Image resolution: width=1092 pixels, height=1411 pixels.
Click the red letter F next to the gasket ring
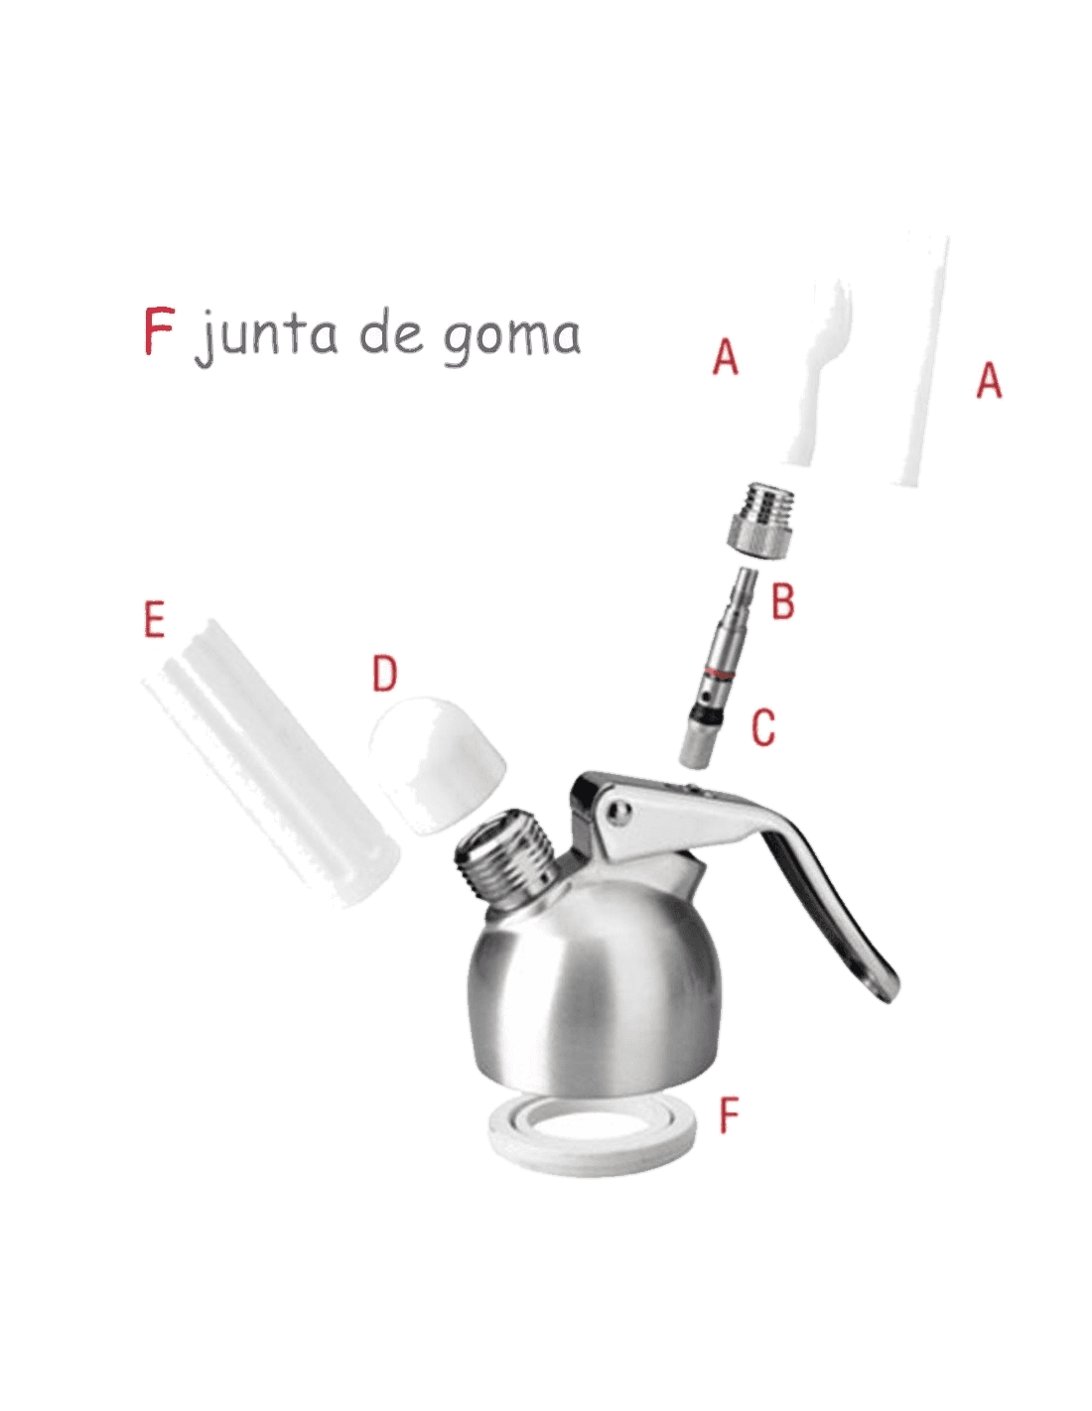(731, 1114)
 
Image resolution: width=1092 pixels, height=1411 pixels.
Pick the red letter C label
(764, 726)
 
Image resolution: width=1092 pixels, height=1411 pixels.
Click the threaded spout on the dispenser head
(508, 855)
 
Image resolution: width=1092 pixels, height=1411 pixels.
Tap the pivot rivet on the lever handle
(621, 811)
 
